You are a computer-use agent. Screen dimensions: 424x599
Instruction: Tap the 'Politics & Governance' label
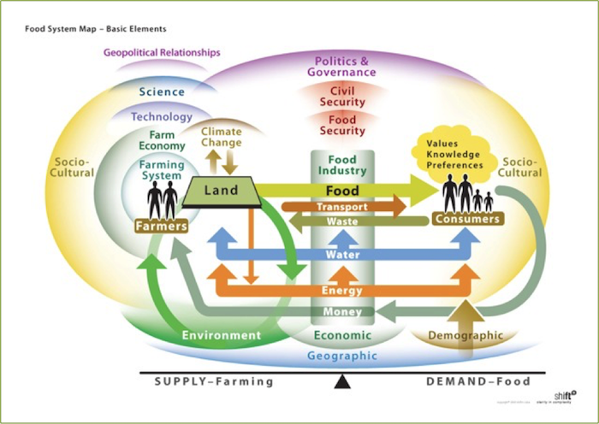click(341, 67)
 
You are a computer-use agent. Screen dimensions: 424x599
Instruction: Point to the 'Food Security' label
click(342, 126)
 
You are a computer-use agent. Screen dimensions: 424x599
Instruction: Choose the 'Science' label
click(162, 91)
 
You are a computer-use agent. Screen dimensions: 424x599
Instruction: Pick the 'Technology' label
click(163, 116)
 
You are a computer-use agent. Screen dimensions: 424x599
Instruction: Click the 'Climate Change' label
click(221, 138)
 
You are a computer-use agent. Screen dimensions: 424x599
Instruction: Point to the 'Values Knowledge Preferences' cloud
click(452, 153)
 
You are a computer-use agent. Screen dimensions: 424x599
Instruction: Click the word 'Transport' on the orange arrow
click(341, 207)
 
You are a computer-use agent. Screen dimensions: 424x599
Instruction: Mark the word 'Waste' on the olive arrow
click(342, 221)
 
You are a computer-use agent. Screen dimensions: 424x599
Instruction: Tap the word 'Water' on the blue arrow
click(342, 255)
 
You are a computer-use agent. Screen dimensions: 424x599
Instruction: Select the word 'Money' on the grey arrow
click(342, 312)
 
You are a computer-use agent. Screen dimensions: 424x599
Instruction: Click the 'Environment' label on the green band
click(221, 335)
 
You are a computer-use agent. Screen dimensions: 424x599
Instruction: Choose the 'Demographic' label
click(465, 335)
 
